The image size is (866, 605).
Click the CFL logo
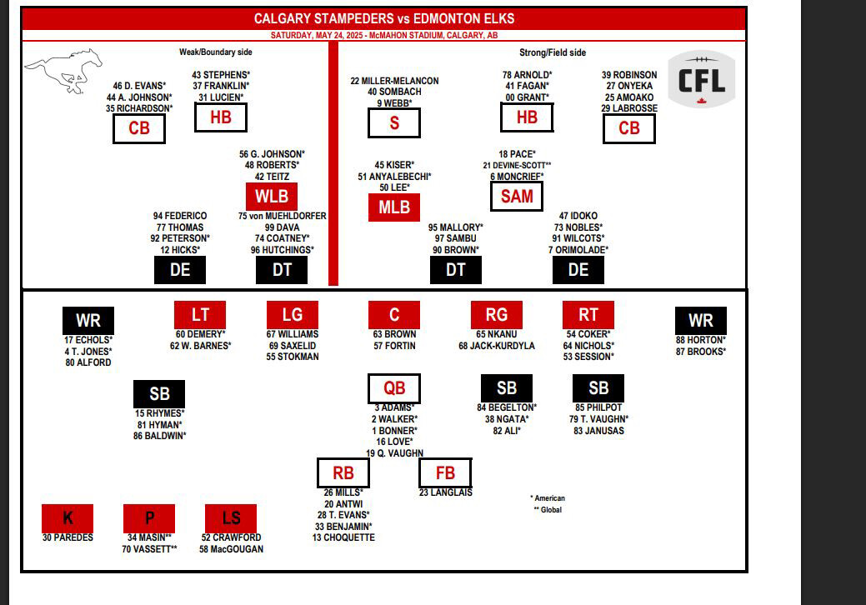(702, 79)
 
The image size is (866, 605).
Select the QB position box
(394, 388)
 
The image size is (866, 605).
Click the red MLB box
(394, 207)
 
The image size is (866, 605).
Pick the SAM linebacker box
(517, 196)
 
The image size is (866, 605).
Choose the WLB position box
(272, 196)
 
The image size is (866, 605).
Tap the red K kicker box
(68, 518)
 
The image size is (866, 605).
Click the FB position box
(445, 473)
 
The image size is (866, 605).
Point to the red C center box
(394, 315)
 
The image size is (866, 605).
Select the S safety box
(394, 122)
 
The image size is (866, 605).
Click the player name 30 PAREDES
(68, 537)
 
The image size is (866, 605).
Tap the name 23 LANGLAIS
(446, 492)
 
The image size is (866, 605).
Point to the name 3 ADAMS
(394, 408)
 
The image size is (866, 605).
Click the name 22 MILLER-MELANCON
(394, 81)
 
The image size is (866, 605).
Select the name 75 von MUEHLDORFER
(283, 216)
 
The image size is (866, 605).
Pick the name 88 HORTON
(701, 340)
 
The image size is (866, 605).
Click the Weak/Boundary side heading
(215, 52)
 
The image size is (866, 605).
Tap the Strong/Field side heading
(553, 52)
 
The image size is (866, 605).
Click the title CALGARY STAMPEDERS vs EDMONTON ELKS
(384, 19)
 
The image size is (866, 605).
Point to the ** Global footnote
(548, 509)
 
